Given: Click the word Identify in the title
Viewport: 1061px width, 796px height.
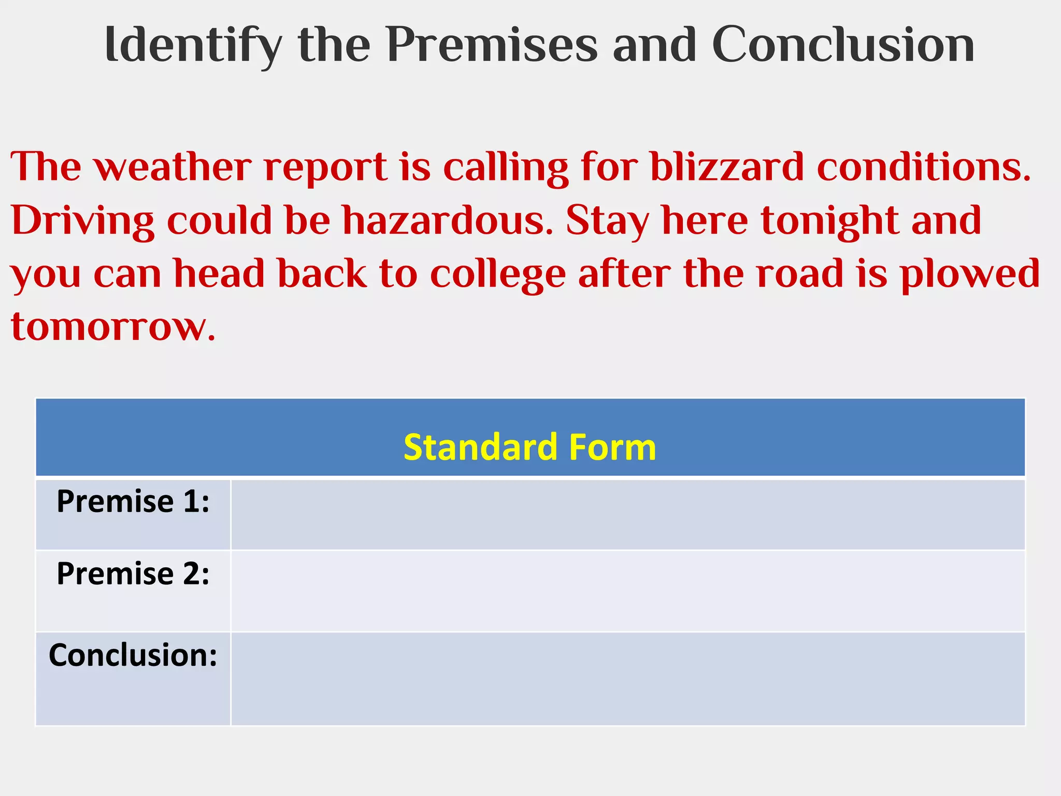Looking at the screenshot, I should coord(193,46).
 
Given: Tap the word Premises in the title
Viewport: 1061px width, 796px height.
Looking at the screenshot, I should coord(492,46).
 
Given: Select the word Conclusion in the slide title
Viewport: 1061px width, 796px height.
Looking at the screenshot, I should coord(843,46).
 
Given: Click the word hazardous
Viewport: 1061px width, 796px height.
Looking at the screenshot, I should coord(448,220).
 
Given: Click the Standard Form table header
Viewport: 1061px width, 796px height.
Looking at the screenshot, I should coord(529,447).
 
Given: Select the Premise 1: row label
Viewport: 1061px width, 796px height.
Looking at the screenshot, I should coord(133,502).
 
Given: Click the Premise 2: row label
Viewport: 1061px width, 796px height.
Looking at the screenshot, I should coord(133,574).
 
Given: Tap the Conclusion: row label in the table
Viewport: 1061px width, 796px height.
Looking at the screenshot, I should coord(133,655).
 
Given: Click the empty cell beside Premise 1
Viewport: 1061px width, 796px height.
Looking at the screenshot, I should coord(627,514).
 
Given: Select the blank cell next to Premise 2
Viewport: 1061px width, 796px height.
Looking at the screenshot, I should coord(627,591).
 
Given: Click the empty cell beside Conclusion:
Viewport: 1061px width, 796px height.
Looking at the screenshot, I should coord(627,679).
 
